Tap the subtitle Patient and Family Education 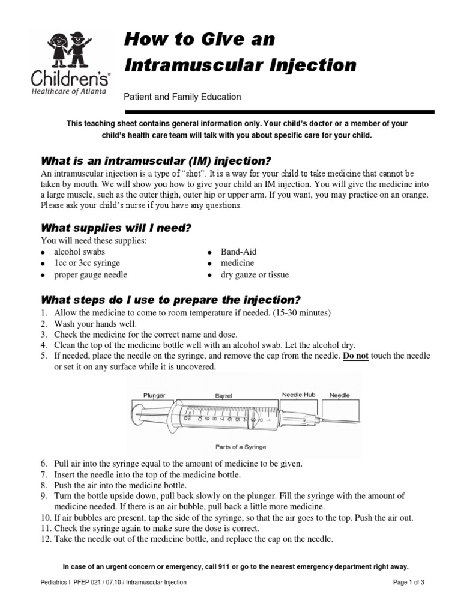click(x=182, y=97)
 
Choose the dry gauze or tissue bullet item click(x=255, y=275)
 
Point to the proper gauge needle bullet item click(x=91, y=275)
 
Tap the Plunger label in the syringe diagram click(x=154, y=395)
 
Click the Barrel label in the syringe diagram click(x=223, y=395)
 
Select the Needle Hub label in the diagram click(x=298, y=395)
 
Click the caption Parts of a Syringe click(x=241, y=447)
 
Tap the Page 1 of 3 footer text click(x=408, y=582)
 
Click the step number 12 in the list click(x=46, y=539)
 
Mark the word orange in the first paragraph click(x=415, y=196)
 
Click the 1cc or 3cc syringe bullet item click(x=87, y=264)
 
